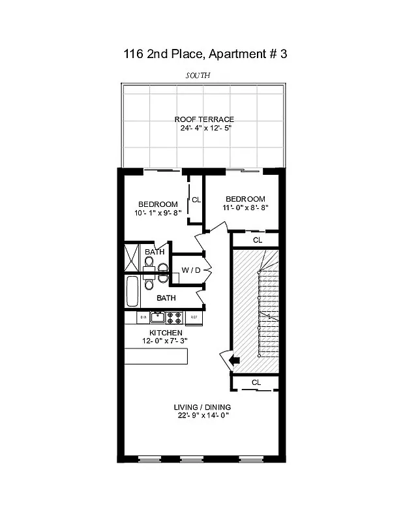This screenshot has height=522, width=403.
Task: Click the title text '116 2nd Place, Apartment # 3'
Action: (205, 54)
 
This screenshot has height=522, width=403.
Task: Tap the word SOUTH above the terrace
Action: (198, 76)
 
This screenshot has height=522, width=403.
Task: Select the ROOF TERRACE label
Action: (204, 119)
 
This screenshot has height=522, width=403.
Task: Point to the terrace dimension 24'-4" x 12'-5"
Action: (204, 128)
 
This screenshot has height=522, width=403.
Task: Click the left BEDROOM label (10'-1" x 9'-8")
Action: (158, 204)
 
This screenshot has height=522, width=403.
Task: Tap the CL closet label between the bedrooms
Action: (196, 200)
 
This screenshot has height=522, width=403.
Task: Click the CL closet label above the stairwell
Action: (257, 240)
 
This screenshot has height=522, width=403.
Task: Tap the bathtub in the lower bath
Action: (132, 292)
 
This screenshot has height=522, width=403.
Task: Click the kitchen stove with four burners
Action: (174, 318)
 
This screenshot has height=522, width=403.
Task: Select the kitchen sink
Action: (157, 318)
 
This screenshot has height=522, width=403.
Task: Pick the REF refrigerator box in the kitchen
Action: (194, 318)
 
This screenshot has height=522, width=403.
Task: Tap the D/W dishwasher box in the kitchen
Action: (143, 318)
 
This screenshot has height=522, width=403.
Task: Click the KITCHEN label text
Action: (166, 333)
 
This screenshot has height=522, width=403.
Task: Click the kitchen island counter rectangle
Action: (157, 356)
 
